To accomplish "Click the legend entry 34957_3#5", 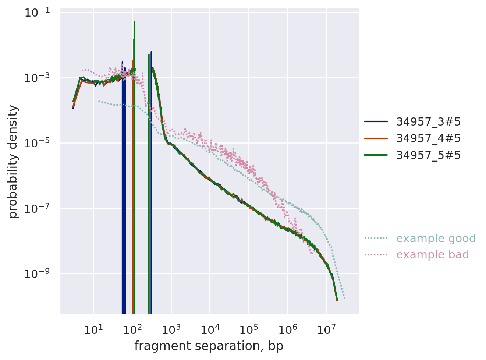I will click(428, 122).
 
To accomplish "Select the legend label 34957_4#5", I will click(428, 138).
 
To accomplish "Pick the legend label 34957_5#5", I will click(428, 155).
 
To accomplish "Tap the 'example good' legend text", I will click(436, 239).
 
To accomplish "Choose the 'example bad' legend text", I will click(432, 255).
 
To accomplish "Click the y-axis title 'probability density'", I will click(13, 161).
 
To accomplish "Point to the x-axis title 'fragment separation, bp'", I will click(209, 346).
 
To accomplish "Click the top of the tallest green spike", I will click(134, 22).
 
